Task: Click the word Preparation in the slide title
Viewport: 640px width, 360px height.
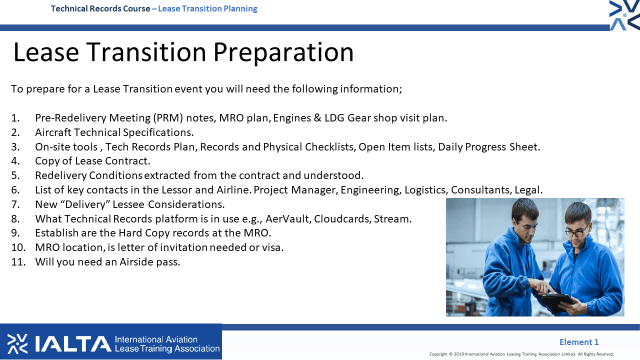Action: pyautogui.click(x=283, y=52)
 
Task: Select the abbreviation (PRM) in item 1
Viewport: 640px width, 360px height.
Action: pyautogui.click(x=167, y=118)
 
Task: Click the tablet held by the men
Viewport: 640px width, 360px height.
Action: pyautogui.click(x=557, y=302)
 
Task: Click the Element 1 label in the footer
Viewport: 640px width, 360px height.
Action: pyautogui.click(x=579, y=342)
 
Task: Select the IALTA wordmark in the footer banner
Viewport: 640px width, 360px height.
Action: pyautogui.click(x=73, y=344)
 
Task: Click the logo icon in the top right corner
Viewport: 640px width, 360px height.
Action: pyautogui.click(x=624, y=15)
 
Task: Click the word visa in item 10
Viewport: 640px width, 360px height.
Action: pyautogui.click(x=273, y=247)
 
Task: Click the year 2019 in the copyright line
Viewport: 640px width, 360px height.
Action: pyautogui.click(x=459, y=354)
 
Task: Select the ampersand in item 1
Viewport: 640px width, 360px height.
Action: pyautogui.click(x=317, y=118)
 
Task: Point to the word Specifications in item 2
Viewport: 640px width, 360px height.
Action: pyautogui.click(x=158, y=132)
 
